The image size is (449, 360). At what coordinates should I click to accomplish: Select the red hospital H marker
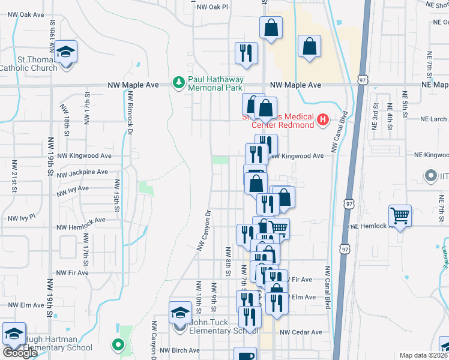(x=324, y=120)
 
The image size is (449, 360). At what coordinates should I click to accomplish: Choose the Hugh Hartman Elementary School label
(x=58, y=343)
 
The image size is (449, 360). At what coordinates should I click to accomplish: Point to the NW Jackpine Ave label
(x=83, y=172)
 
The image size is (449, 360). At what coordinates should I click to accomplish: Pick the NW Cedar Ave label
(x=301, y=332)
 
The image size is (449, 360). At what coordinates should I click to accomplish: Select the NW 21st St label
(x=14, y=174)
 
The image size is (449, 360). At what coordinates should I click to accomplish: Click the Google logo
(x=20, y=353)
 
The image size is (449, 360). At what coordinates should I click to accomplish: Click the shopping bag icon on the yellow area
(x=309, y=47)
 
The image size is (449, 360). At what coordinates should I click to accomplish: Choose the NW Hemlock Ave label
(x=81, y=228)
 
